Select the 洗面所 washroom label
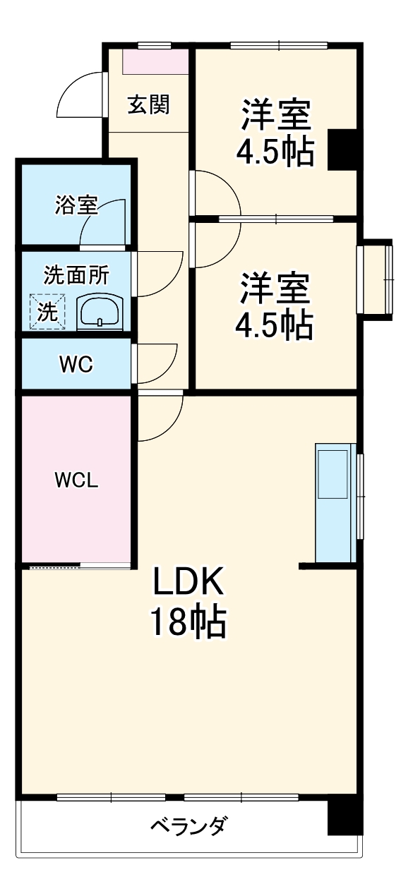coord(76,274)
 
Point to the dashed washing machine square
coord(47,311)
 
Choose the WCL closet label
coord(77,480)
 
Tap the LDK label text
coord(188,583)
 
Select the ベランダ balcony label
coord(188,825)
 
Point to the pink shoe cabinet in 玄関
coord(155,61)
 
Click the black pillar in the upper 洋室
coord(344,150)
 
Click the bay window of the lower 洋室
coord(378,279)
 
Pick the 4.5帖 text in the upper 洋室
coord(275,151)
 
